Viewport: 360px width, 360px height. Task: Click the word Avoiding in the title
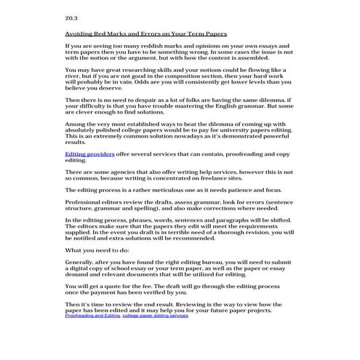click(80, 33)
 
